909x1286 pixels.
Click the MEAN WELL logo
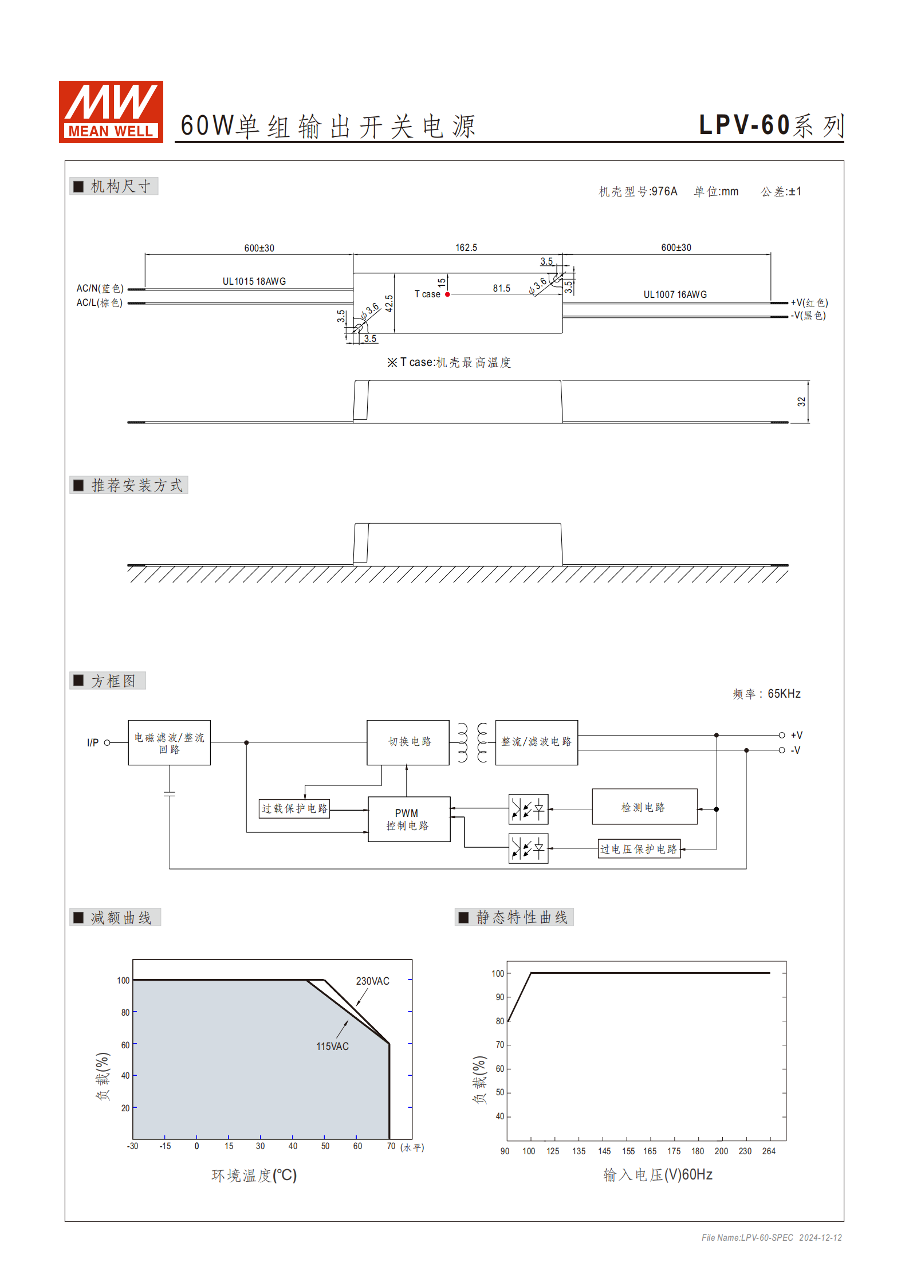pyautogui.click(x=111, y=112)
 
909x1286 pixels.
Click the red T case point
pyautogui.click(x=447, y=294)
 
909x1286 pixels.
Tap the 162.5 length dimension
pyautogui.click(x=466, y=247)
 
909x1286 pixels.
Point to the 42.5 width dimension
pyautogui.click(x=389, y=303)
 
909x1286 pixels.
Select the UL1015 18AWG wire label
pyautogui.click(x=254, y=281)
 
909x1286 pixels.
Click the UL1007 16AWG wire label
pyautogui.click(x=675, y=294)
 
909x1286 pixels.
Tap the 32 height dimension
pyautogui.click(x=801, y=402)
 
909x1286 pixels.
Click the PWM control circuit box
pyautogui.click(x=408, y=819)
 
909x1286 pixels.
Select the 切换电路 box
pyautogui.click(x=408, y=742)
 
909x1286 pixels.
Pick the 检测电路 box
pyautogui.click(x=644, y=807)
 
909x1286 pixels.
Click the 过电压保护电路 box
pyautogui.click(x=639, y=849)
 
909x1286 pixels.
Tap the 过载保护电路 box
pyautogui.click(x=294, y=808)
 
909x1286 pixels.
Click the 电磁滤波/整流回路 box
pyautogui.click(x=169, y=742)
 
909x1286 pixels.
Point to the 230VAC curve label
pyautogui.click(x=372, y=981)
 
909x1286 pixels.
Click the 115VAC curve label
pyautogui.click(x=332, y=1046)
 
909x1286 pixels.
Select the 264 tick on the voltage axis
pyautogui.click(x=769, y=1151)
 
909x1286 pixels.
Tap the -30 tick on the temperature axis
pyautogui.click(x=132, y=1146)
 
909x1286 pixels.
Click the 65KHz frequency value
pyautogui.click(x=784, y=694)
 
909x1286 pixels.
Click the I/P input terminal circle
pyautogui.click(x=107, y=742)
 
